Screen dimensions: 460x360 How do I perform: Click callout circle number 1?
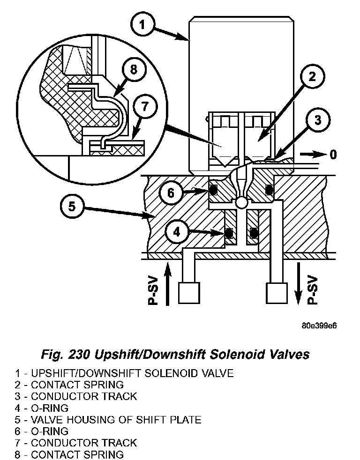pyautogui.click(x=144, y=24)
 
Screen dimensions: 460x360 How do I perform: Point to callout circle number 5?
pyautogui.click(x=72, y=207)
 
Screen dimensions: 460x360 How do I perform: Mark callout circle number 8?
pyautogui.click(x=134, y=70)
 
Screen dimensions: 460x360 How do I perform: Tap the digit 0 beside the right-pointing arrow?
pyautogui.click(x=332, y=154)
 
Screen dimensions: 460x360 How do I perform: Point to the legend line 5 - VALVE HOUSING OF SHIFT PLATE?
pyautogui.click(x=108, y=419)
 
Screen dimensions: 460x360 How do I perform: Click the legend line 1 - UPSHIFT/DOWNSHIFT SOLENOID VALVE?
pyautogui.click(x=124, y=373)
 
